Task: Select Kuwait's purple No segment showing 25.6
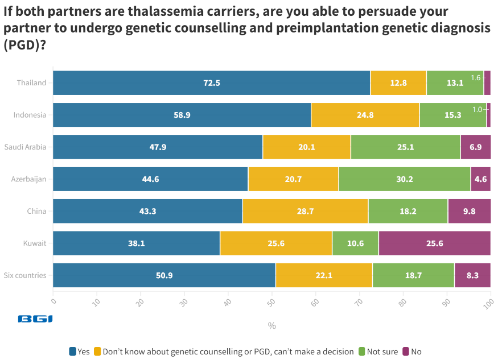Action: pos(435,243)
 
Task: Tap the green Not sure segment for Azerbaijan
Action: pos(404,179)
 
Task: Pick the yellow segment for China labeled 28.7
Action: pos(306,211)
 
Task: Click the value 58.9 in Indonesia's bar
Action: pos(182,115)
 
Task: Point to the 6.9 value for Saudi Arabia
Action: pos(475,147)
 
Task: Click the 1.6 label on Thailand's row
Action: pos(476,77)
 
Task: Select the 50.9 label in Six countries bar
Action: pos(164,275)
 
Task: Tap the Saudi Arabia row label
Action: pos(25,147)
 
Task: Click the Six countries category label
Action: pos(25,275)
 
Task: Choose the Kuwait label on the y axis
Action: pos(35,243)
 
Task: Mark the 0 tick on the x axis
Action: pos(54,299)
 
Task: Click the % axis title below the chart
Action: pos(271,326)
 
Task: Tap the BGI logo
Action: pos(35,319)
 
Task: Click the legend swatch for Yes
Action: pos(72,351)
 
